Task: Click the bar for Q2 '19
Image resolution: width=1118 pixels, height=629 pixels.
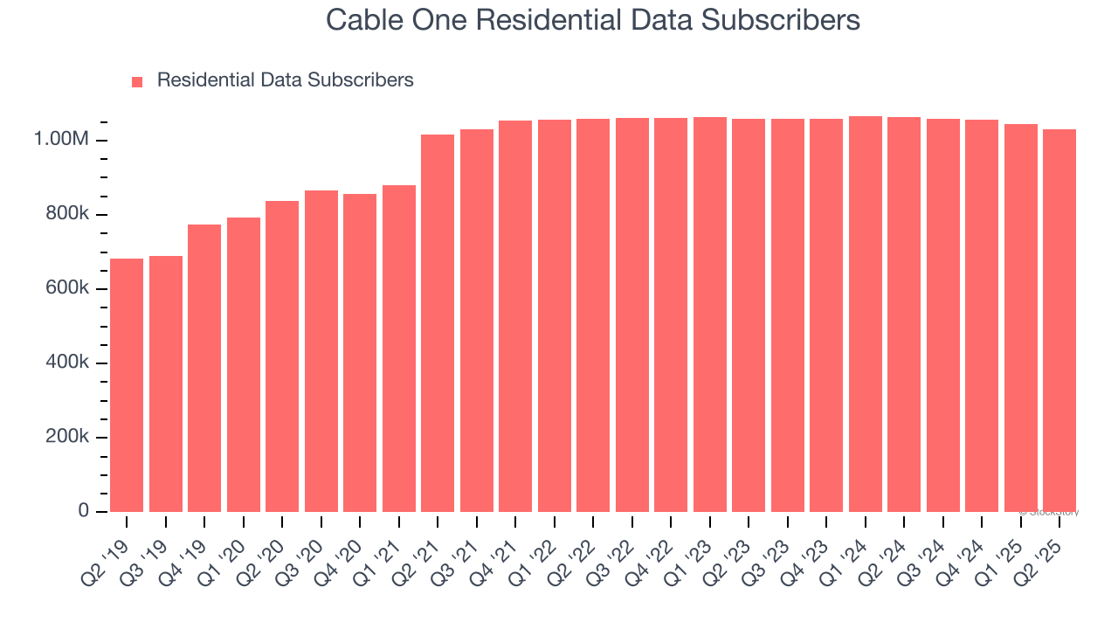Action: pyautogui.click(x=127, y=384)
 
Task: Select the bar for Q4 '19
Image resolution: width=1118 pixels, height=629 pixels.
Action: pyautogui.click(x=204, y=368)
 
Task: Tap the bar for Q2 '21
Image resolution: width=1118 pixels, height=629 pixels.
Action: pyautogui.click(x=438, y=322)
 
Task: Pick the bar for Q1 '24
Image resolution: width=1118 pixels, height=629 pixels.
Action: pyautogui.click(x=866, y=314)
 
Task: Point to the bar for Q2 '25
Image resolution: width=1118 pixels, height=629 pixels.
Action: pyautogui.click(x=1059, y=320)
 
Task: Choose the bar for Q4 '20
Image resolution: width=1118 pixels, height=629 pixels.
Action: pyautogui.click(x=360, y=352)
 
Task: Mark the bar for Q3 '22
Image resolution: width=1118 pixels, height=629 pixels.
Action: pyautogui.click(x=632, y=314)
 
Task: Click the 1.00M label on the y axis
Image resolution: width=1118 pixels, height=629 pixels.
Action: pyautogui.click(x=61, y=140)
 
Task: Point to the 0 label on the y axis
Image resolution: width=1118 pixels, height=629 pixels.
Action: pyautogui.click(x=84, y=510)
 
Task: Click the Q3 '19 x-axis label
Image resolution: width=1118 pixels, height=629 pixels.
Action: pyautogui.click(x=141, y=550)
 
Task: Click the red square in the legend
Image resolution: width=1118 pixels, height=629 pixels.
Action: pyautogui.click(x=137, y=82)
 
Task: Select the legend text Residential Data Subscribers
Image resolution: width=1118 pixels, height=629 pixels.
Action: pyautogui.click(x=285, y=80)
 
